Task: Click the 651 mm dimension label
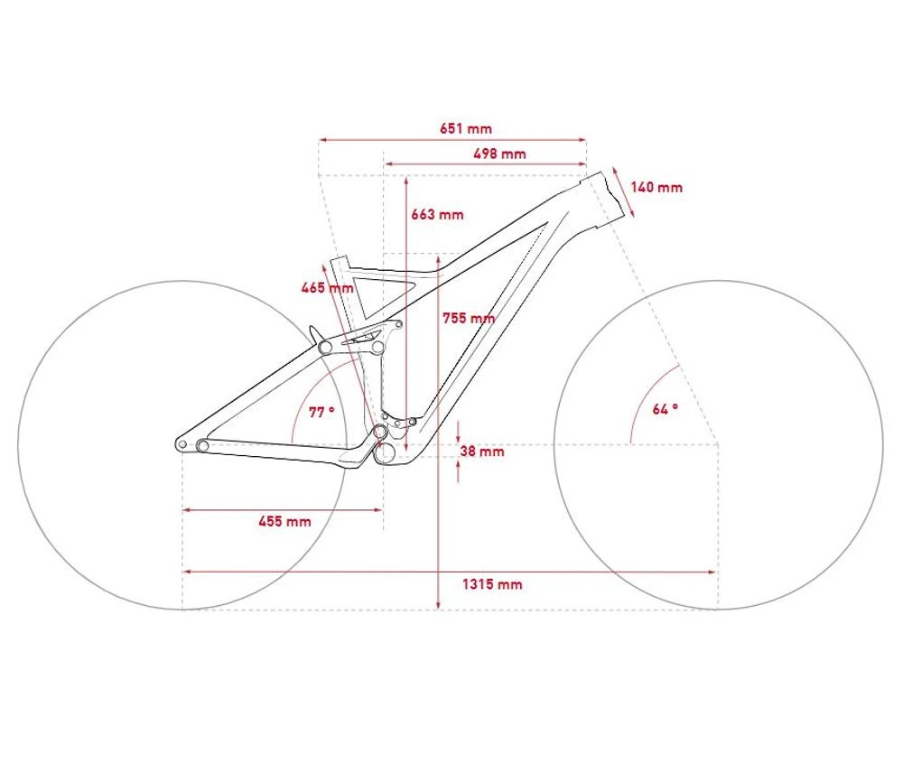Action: click(466, 128)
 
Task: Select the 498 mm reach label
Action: click(499, 154)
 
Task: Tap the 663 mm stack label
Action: click(437, 214)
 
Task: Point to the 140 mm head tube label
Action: click(656, 187)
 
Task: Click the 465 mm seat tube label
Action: click(327, 287)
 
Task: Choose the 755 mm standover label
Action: click(469, 318)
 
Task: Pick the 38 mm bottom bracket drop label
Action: click(482, 451)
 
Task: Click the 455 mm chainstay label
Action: click(284, 521)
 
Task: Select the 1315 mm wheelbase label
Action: click(492, 584)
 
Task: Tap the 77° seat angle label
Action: click(321, 413)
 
